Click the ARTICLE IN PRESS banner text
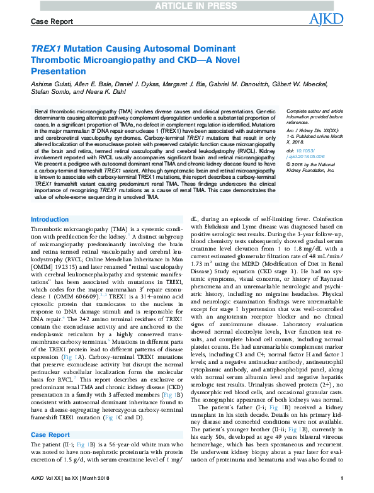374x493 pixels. (186, 6)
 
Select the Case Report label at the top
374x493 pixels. (52, 22)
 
